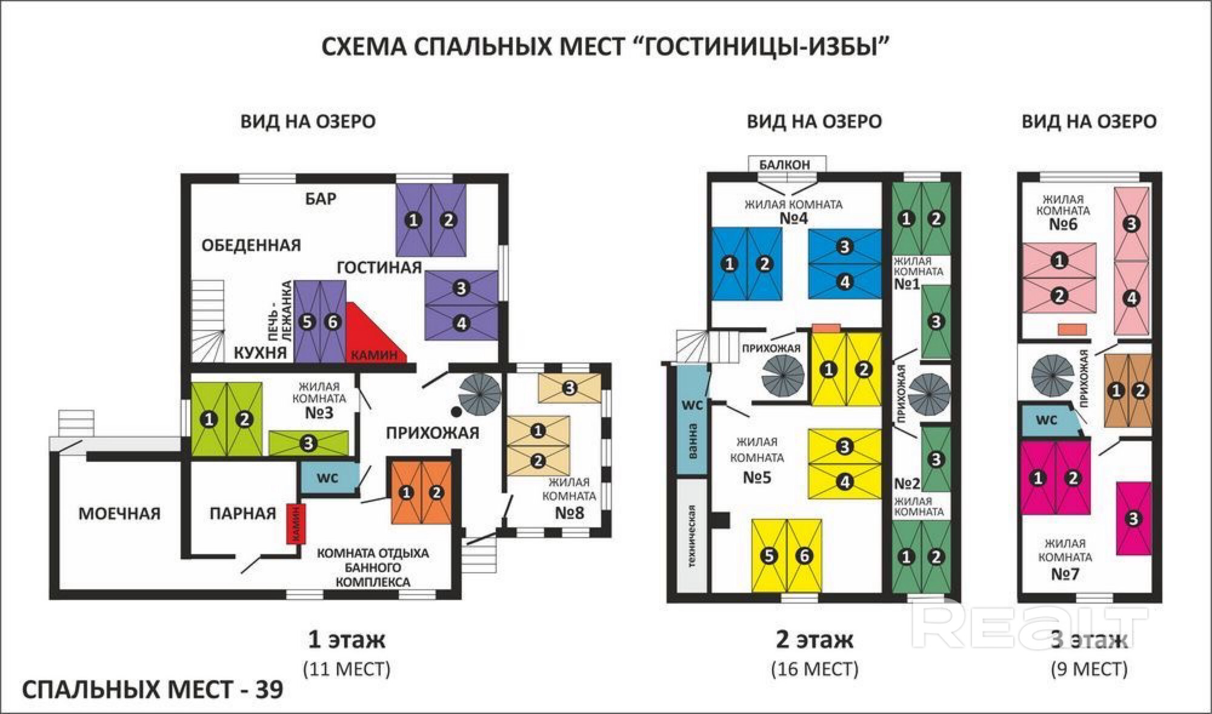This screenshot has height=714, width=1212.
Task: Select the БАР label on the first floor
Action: click(321, 198)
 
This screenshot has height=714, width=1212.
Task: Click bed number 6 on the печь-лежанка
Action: click(332, 322)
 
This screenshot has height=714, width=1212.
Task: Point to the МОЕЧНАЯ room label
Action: click(119, 513)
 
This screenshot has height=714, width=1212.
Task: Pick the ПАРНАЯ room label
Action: click(242, 513)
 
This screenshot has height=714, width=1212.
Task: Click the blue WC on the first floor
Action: click(327, 478)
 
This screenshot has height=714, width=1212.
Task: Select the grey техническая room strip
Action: click(691, 536)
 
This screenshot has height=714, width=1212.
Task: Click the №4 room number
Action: click(793, 218)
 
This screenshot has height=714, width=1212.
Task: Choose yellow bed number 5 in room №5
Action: click(769, 555)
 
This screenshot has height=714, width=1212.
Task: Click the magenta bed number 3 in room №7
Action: click(1133, 518)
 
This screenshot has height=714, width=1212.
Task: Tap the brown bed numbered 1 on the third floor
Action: click(1117, 390)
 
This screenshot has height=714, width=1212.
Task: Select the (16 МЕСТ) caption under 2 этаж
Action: click(814, 669)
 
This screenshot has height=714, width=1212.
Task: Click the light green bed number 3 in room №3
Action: click(308, 443)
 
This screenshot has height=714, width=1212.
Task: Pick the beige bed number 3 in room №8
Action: click(569, 387)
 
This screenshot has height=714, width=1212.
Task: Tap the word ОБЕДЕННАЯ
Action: click(251, 245)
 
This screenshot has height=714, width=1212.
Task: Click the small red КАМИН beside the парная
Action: click(296, 524)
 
